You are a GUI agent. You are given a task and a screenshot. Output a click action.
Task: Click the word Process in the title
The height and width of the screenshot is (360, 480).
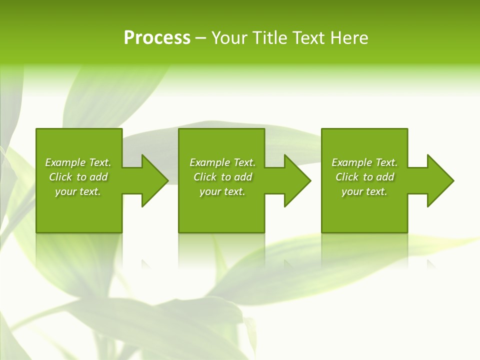[x=156, y=38]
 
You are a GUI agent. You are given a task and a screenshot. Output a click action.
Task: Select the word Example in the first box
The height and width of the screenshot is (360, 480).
[x=65, y=162]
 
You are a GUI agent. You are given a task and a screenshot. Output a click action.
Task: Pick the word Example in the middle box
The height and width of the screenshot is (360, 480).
[x=209, y=162]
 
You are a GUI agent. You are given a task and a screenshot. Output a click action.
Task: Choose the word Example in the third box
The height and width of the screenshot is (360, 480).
[x=351, y=162]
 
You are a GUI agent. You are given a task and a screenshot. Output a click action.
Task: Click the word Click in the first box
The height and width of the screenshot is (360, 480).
[x=60, y=177]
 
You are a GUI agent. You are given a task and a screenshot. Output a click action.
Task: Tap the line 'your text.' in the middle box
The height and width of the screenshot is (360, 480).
[x=222, y=191]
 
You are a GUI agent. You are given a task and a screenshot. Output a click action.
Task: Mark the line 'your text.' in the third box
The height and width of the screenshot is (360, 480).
[x=364, y=191]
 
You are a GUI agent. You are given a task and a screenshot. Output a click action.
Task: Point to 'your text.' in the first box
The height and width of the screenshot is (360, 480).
[x=78, y=191]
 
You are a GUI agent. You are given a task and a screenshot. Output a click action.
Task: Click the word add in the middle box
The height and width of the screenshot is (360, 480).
[x=243, y=177]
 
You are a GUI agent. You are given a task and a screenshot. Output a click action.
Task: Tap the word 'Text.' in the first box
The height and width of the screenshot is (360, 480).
[x=99, y=162]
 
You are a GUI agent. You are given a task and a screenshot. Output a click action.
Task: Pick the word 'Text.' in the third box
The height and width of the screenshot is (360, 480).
[x=386, y=162]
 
